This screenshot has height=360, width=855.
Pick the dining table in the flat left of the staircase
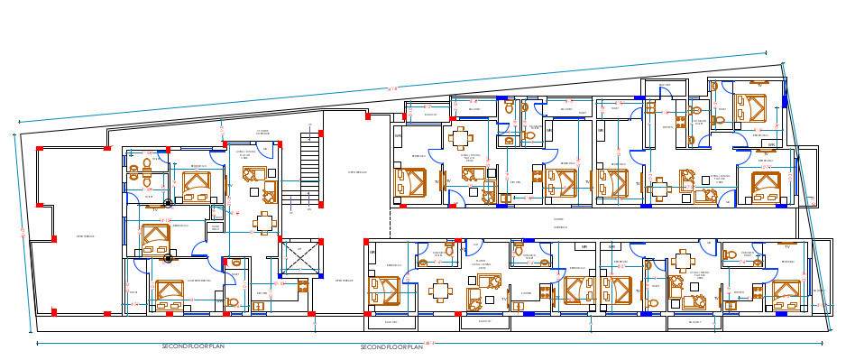coord(262,223)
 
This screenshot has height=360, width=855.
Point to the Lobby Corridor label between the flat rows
coord(559,223)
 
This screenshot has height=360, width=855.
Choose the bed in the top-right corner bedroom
coord(752,106)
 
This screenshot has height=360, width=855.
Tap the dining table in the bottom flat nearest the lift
coord(438,290)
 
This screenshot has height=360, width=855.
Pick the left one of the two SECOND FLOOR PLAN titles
coord(193,346)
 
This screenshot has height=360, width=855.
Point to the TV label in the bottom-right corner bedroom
coord(786,245)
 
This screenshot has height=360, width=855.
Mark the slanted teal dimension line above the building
coord(388,88)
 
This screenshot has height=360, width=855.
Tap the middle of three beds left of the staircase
coord(153,237)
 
